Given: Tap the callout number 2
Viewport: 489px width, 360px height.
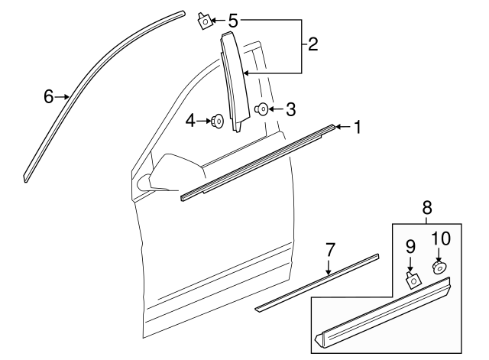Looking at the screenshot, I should pyautogui.click(x=313, y=44).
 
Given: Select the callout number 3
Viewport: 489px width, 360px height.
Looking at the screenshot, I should pyautogui.click(x=290, y=109).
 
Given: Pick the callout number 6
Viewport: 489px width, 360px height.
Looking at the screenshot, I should pyautogui.click(x=48, y=96).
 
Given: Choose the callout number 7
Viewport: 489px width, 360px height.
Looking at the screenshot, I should pyautogui.click(x=330, y=249).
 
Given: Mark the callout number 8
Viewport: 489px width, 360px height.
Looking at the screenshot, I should pyautogui.click(x=426, y=207).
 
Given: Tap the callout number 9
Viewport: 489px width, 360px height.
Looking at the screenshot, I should pyautogui.click(x=410, y=246).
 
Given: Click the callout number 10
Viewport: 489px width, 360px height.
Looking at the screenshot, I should pyautogui.click(x=441, y=238).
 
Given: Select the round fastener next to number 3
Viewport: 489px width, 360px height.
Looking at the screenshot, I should pyautogui.click(x=262, y=109).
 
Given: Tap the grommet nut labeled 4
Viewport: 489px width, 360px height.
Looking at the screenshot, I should pyautogui.click(x=219, y=120).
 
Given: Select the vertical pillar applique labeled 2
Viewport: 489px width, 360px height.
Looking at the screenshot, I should pyautogui.click(x=231, y=84).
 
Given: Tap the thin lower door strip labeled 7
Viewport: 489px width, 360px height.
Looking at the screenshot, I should pyautogui.click(x=317, y=282).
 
